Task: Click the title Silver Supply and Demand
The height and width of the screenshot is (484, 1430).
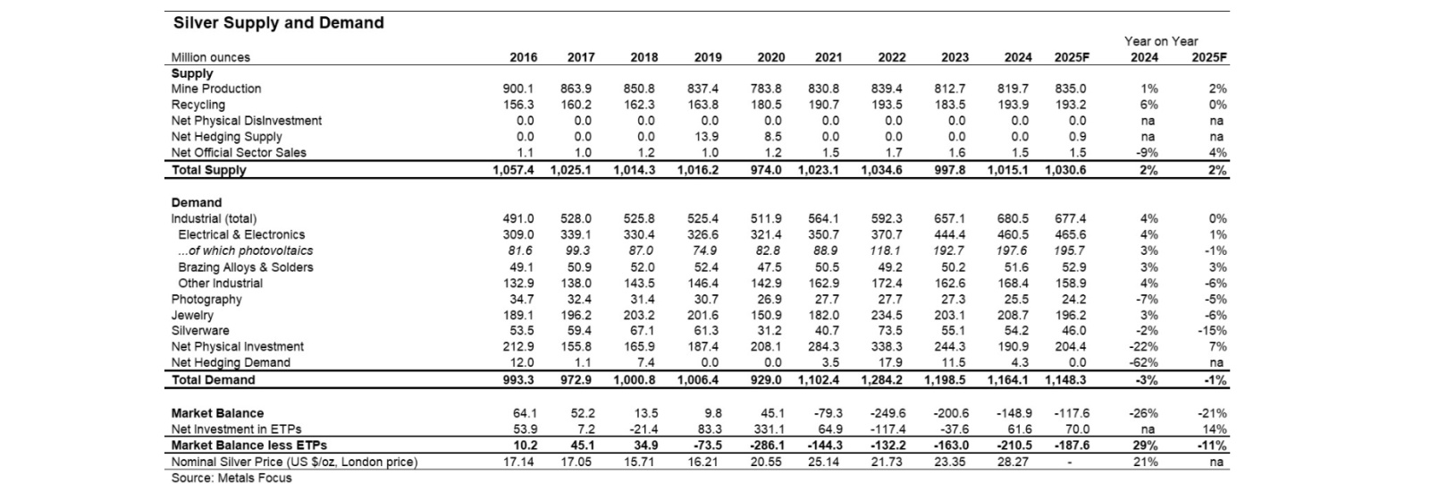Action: [x=278, y=23]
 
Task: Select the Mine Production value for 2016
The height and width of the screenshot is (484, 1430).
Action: [x=518, y=89]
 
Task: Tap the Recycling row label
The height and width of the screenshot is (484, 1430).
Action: [x=198, y=105]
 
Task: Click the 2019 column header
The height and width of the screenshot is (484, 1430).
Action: [x=708, y=57]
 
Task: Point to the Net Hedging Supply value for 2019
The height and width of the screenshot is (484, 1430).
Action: [x=705, y=137]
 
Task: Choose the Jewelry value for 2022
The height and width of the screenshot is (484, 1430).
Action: [x=887, y=315]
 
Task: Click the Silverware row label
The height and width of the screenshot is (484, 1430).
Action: [x=200, y=330]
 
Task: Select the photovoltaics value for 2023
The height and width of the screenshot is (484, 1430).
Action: [x=948, y=250]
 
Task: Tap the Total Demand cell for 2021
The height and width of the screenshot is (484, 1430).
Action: [x=819, y=380]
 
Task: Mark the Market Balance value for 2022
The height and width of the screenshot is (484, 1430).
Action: [x=887, y=413]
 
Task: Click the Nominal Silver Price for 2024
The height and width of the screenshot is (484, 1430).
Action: [x=1013, y=462]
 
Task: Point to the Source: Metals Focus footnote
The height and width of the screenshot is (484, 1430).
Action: [x=231, y=479]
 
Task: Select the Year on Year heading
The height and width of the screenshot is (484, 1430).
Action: [x=1161, y=41]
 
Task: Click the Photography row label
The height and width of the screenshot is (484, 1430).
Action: [x=206, y=299]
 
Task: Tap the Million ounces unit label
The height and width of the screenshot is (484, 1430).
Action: [x=211, y=57]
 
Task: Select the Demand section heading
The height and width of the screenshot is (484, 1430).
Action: [x=197, y=203]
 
